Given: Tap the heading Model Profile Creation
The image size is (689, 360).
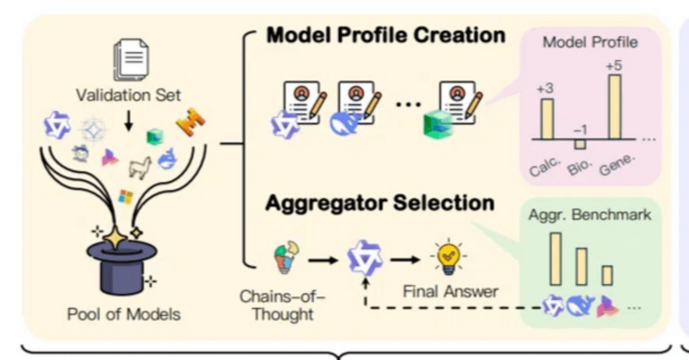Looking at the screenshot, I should tap(386, 35).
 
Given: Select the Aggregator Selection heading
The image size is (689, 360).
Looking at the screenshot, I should tap(379, 203).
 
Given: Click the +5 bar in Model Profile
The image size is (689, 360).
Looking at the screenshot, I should tap(614, 107).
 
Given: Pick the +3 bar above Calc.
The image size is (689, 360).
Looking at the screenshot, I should tap(547, 118).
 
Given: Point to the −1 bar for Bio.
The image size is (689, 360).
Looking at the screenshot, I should tap(580, 144).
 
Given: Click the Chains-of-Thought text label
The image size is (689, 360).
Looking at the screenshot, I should tap(282, 305).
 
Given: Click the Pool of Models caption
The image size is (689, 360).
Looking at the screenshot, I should tap(124, 314).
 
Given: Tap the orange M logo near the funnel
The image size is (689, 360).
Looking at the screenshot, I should tap(191, 122).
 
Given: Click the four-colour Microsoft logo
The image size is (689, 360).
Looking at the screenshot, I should tap(125, 196).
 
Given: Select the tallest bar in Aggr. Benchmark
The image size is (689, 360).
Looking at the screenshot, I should tap(555, 258).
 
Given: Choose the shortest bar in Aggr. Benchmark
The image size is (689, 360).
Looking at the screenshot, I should tap(607, 275).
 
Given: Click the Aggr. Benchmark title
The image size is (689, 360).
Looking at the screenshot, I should tap(589, 215).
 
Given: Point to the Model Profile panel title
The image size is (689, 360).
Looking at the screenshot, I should tap(590, 43).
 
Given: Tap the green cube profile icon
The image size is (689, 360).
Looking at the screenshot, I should tap(438, 124).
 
